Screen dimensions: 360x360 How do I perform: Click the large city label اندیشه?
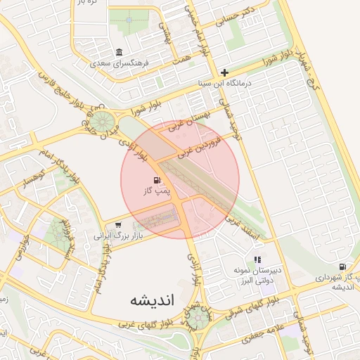tap(151, 300)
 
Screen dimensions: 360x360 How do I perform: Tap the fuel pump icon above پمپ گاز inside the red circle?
tap(155, 180)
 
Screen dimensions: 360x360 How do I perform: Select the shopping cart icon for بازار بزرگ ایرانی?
tap(118, 225)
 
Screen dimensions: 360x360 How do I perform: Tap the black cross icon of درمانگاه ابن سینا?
tap(224, 72)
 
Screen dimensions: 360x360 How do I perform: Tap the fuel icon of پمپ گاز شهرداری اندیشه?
tap(342, 266)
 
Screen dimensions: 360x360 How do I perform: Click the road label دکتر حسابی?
tap(239, 15)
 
